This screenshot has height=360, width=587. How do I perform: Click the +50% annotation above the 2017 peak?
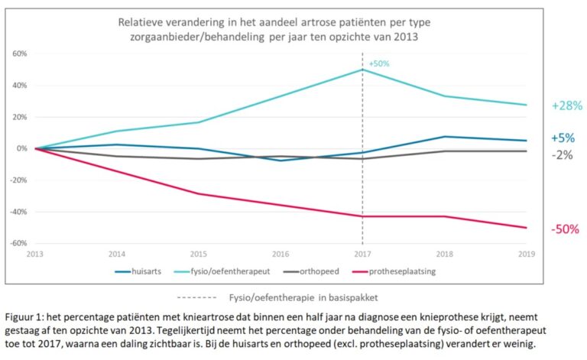click(378, 63)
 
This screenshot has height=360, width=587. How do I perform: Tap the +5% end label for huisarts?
click(563, 138)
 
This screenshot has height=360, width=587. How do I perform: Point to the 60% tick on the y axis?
click(20, 54)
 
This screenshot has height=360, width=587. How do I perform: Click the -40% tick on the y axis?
click(18, 212)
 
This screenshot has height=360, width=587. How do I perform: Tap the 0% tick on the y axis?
click(22, 148)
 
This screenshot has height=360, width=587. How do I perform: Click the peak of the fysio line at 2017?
click(362, 70)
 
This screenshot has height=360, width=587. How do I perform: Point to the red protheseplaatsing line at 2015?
click(199, 193)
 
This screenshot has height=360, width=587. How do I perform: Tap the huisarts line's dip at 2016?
click(281, 161)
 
